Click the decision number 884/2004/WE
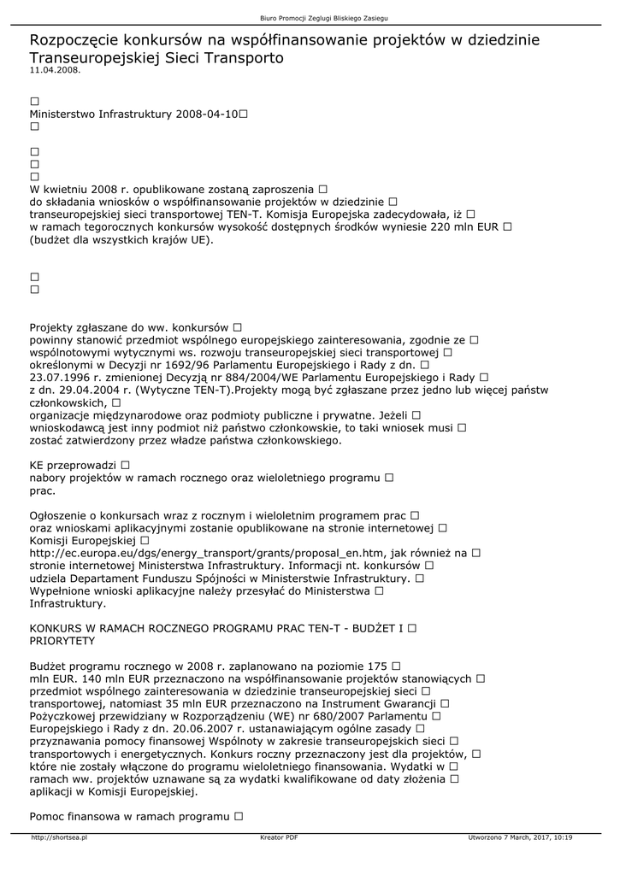pyautogui.click(x=239, y=377)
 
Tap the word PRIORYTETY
pyautogui.click(x=62, y=640)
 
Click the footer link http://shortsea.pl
pyautogui.click(x=59, y=837)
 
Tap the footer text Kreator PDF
pyautogui.click(x=279, y=837)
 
